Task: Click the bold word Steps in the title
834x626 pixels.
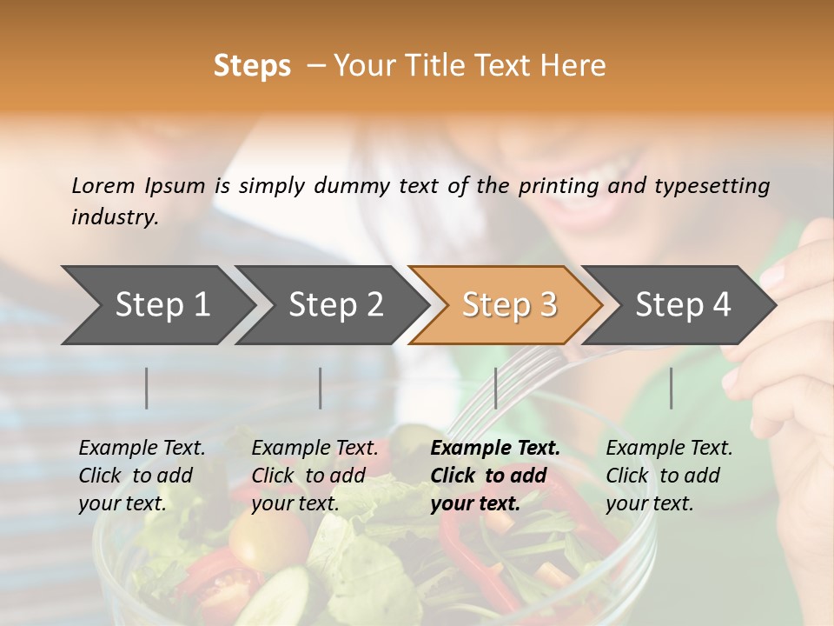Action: (x=252, y=66)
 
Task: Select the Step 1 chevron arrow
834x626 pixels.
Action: (x=156, y=305)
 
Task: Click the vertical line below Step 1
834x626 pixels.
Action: (x=147, y=388)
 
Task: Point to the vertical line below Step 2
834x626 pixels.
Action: (x=321, y=388)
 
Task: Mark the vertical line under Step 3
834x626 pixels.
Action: (x=495, y=388)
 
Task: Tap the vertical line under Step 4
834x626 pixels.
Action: (x=671, y=388)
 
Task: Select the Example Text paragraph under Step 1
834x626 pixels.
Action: (x=142, y=476)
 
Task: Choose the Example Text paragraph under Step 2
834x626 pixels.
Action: (x=314, y=476)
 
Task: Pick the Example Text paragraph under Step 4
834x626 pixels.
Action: (x=669, y=476)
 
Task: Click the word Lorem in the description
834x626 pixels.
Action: (x=103, y=185)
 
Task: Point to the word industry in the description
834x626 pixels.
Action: (x=115, y=217)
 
